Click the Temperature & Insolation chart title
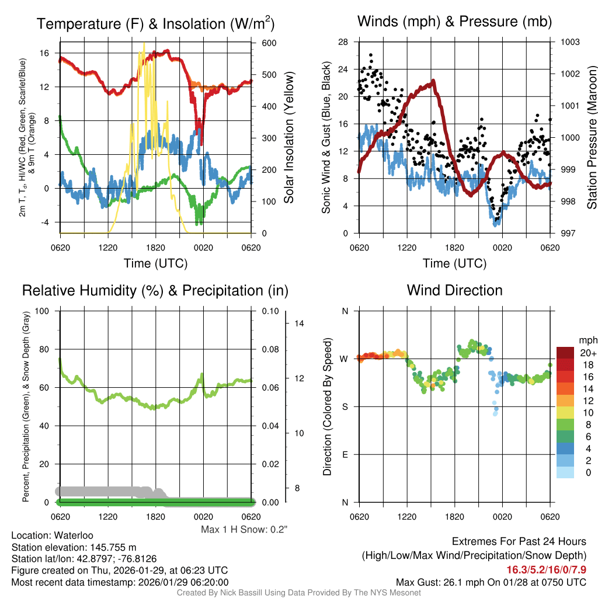coord(155,24)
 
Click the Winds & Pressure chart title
coord(454,22)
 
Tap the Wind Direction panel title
coord(454,290)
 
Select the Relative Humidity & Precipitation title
coord(155,290)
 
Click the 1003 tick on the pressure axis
coord(570,43)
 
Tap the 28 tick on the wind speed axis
coord(343,42)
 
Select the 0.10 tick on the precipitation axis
coord(269,311)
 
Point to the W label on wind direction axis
coord(345,359)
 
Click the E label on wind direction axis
coord(345,454)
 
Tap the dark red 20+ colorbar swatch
coord(565,353)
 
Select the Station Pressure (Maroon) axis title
coord(592,137)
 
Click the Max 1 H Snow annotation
coord(245,530)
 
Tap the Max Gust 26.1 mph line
coord(491,582)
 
